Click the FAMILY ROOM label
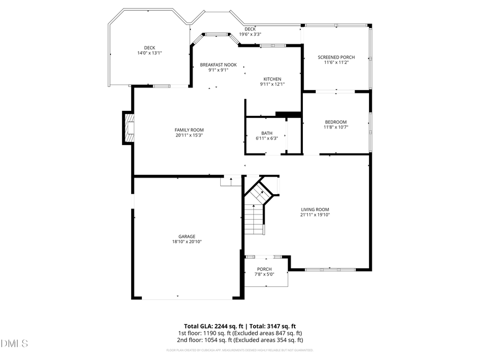(x=189, y=130)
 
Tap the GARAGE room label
(x=187, y=236)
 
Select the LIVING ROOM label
(x=315, y=209)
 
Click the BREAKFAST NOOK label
(x=218, y=65)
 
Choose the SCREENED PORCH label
(x=336, y=57)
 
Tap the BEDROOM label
(x=335, y=122)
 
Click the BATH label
(x=267, y=133)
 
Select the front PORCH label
(x=264, y=269)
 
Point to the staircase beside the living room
(x=256, y=211)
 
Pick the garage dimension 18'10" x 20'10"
(x=187, y=242)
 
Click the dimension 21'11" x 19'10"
(x=315, y=215)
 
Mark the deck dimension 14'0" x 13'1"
(x=149, y=53)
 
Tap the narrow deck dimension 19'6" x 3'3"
(x=250, y=34)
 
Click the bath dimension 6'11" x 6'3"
(x=267, y=139)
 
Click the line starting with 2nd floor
(x=240, y=340)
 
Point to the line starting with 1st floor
(x=240, y=333)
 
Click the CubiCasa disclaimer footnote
(x=240, y=350)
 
